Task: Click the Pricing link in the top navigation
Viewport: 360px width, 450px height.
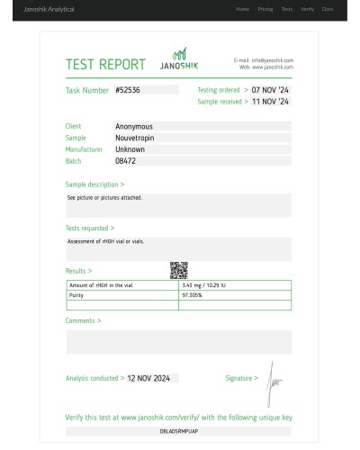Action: (x=265, y=9)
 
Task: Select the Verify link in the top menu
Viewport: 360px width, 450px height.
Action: (x=308, y=9)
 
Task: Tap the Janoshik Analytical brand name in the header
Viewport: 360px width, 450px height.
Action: (x=49, y=9)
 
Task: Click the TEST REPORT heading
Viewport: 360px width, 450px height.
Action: (x=105, y=65)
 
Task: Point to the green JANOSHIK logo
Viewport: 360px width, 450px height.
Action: (x=179, y=61)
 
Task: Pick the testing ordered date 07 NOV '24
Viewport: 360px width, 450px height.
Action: (x=270, y=90)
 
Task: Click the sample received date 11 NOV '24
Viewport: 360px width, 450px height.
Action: (x=270, y=102)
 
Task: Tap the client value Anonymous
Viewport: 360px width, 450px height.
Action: (x=134, y=127)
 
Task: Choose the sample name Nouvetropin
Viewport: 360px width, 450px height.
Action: (x=137, y=138)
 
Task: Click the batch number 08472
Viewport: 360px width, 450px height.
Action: (x=126, y=161)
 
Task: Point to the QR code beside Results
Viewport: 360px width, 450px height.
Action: (x=178, y=269)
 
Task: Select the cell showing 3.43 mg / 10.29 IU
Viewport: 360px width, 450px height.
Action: (x=204, y=285)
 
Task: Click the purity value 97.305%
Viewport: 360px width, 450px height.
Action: (x=192, y=295)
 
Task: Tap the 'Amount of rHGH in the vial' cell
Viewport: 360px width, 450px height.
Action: (x=96, y=285)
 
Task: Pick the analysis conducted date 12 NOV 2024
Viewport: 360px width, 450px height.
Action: (x=148, y=378)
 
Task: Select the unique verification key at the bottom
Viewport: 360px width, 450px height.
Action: (x=178, y=432)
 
